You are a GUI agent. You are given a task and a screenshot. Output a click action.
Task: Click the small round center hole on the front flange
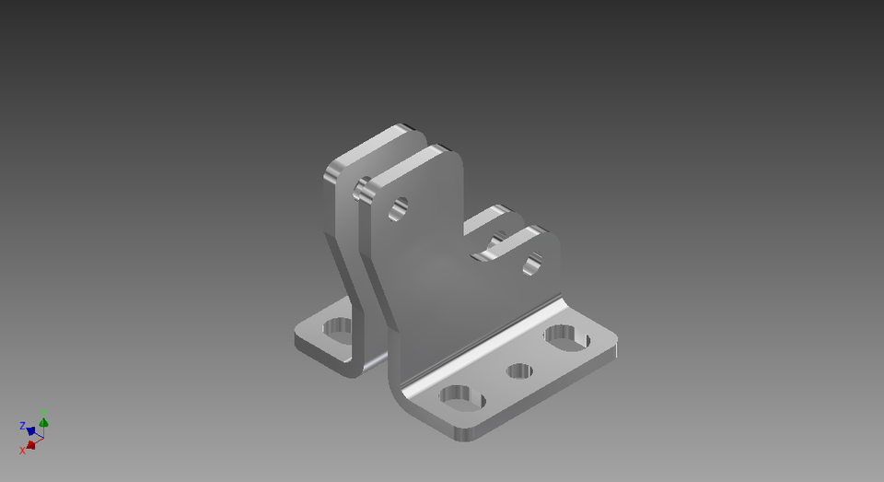pyautogui.click(x=519, y=371)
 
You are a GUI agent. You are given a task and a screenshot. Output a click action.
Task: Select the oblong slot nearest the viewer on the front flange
pyautogui.click(x=462, y=399)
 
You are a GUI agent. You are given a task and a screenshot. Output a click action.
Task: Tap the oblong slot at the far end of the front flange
pyautogui.click(x=566, y=338)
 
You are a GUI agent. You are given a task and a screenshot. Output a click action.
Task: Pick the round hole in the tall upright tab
pyautogui.click(x=399, y=208)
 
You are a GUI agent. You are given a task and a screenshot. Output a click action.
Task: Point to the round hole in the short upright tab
pyautogui.click(x=532, y=266)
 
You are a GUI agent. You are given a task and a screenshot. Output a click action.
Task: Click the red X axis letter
pyautogui.click(x=23, y=451)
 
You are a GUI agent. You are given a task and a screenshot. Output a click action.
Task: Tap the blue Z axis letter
pyautogui.click(x=22, y=426)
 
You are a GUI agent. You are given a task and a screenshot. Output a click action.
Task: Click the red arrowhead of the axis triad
pyautogui.click(x=31, y=444)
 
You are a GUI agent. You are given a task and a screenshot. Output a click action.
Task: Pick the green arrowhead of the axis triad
pyautogui.click(x=43, y=421)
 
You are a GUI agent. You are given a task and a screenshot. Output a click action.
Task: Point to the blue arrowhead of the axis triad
pyautogui.click(x=30, y=430)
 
